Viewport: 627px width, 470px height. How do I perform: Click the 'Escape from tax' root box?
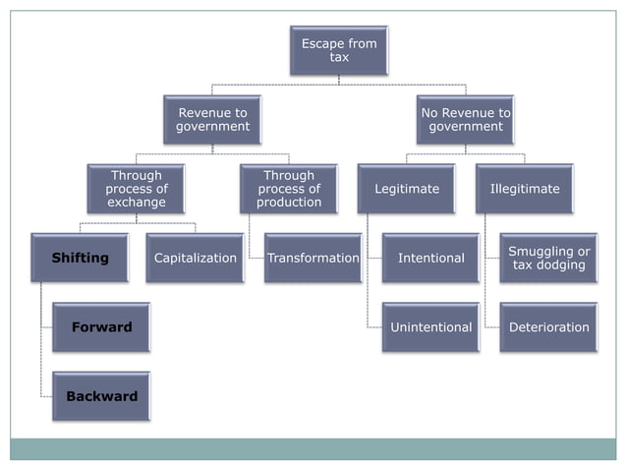pos(338,51)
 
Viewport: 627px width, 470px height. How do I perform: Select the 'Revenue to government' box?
pos(212,120)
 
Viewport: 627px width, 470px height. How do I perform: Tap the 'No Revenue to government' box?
pos(465,120)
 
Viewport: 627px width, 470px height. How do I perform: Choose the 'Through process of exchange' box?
pos(136,189)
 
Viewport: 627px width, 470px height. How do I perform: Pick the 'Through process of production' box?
pos(289,189)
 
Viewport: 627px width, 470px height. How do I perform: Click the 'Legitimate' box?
pos(406,189)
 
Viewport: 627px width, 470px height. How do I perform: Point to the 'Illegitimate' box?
pos(524,189)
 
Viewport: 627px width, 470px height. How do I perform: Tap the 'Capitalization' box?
pos(196,258)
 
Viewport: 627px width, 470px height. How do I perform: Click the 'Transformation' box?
pos(313,258)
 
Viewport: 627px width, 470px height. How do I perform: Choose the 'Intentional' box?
pos(430,258)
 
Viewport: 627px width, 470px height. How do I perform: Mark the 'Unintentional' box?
pos(430,326)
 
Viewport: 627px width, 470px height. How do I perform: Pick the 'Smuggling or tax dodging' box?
pos(548,258)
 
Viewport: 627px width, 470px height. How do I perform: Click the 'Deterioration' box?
pos(548,326)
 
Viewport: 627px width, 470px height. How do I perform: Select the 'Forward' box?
pos(101,326)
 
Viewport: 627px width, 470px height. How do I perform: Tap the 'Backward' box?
pos(101,396)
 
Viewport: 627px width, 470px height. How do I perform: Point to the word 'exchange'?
pos(137,203)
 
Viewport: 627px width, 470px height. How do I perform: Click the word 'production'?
pos(289,203)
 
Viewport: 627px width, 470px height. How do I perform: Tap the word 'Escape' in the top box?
pos(320,44)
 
